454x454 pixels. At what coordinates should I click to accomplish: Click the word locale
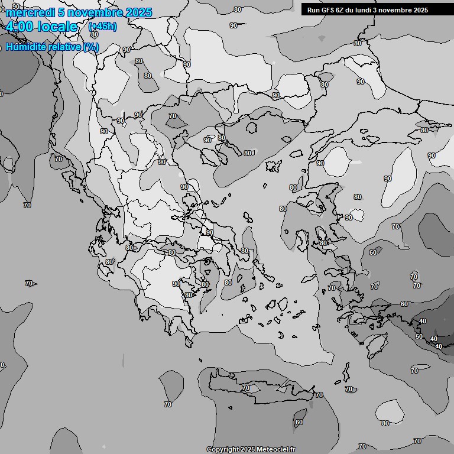pyautogui.click(x=57, y=27)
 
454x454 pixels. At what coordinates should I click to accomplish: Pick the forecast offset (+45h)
pyautogui.click(x=102, y=27)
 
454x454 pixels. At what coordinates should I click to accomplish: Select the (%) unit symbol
pyautogui.click(x=92, y=47)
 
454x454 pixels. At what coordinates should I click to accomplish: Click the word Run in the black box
pyautogui.click(x=314, y=10)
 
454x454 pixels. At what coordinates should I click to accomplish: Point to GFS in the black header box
pyautogui.click(x=327, y=10)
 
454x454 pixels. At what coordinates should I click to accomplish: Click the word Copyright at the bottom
pyautogui.click(x=222, y=449)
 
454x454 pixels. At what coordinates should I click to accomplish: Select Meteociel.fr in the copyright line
pyautogui.click(x=276, y=449)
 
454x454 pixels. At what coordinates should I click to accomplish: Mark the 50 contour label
pyautogui.click(x=419, y=336)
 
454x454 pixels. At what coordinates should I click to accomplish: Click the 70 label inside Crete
pyautogui.click(x=246, y=388)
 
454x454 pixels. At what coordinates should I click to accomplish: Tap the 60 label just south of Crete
pyautogui.click(x=299, y=422)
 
